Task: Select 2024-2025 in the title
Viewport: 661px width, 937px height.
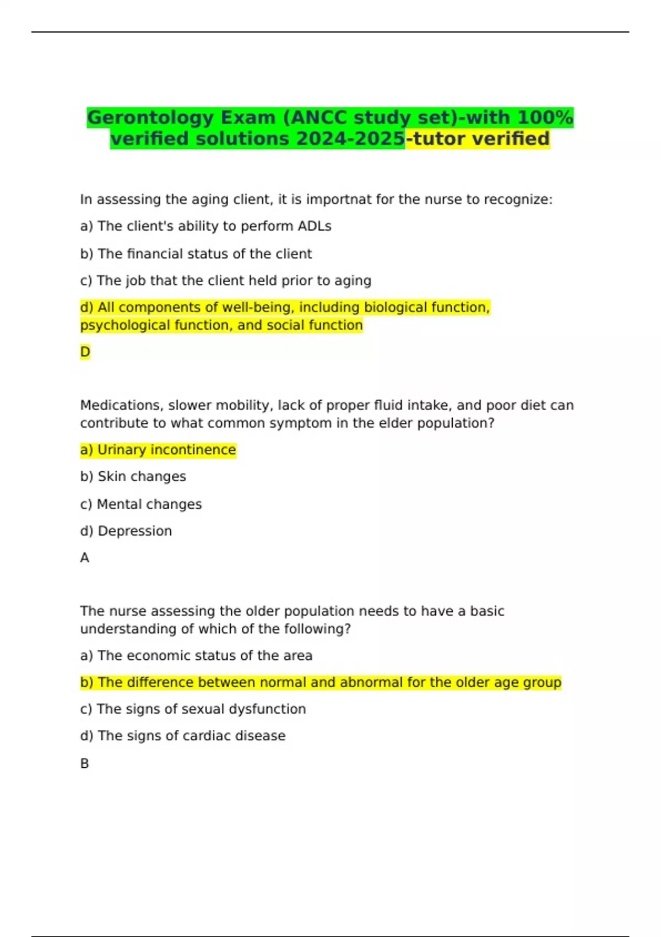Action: pyautogui.click(x=350, y=139)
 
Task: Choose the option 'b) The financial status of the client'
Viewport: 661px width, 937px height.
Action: pyautogui.click(x=196, y=254)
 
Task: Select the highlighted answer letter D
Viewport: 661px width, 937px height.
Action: pyautogui.click(x=85, y=352)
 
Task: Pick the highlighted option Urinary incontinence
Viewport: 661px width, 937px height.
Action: pyautogui.click(x=158, y=450)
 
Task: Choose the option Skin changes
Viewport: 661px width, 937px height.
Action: pyautogui.click(x=133, y=477)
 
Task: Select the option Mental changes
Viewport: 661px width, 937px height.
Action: pyautogui.click(x=141, y=504)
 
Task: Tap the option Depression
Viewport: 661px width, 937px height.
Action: pyautogui.click(x=126, y=531)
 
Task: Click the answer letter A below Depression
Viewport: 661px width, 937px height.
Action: pyautogui.click(x=84, y=558)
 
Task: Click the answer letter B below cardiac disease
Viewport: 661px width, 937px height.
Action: pyautogui.click(x=84, y=764)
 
